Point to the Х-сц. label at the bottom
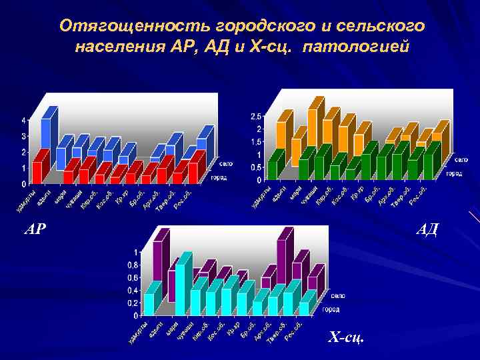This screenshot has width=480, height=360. click(x=346, y=338)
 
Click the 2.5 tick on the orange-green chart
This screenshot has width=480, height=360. click(x=256, y=117)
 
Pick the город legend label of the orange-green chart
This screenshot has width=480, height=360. click(x=454, y=173)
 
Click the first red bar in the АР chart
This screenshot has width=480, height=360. click(x=39, y=168)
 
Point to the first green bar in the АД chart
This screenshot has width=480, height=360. click(x=273, y=167)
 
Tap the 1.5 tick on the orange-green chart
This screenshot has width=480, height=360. click(x=256, y=142)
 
